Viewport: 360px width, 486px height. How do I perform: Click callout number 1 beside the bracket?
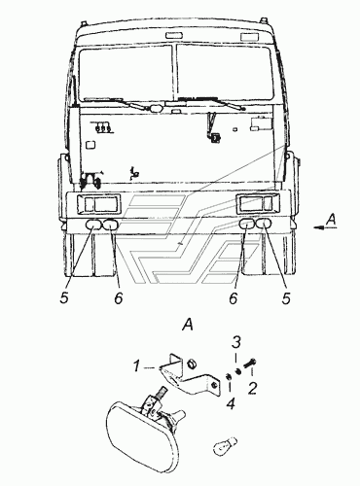click(137, 366)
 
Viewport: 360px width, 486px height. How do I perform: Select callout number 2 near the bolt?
click(252, 388)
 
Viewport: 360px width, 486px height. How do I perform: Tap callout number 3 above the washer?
click(237, 342)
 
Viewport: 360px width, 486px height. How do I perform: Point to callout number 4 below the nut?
click(231, 403)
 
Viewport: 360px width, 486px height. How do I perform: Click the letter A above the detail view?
click(188, 325)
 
